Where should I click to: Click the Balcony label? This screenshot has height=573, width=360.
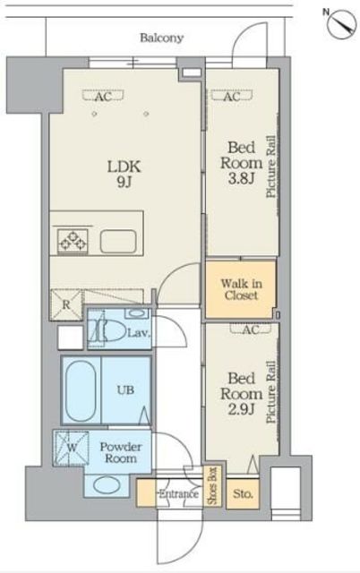tap(161, 38)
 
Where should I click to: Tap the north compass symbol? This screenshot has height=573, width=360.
tap(342, 24)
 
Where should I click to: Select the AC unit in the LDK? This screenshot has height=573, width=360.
tap(103, 96)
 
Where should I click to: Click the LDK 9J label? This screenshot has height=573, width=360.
tap(124, 173)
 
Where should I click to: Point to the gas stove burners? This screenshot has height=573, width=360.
tap(73, 241)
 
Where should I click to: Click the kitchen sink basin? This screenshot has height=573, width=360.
tap(118, 241)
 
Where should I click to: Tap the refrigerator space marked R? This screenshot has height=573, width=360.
tap(66, 304)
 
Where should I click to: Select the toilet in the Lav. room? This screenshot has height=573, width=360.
tap(107, 329)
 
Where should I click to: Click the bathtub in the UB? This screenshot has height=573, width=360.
tap(81, 390)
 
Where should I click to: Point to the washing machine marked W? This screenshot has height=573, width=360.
tap(71, 449)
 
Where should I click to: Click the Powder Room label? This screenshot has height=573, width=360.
tap(121, 452)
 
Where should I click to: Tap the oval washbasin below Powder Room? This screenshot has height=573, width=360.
tap(107, 485)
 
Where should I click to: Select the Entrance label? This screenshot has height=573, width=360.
tap(178, 494)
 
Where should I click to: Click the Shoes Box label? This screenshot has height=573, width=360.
tap(212, 486)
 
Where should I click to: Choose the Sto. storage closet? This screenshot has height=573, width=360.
tap(243, 494)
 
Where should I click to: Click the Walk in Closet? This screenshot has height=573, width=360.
tap(240, 289)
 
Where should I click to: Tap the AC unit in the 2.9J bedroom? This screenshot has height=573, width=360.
tap(251, 329)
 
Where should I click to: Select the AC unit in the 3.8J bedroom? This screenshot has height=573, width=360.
tap(232, 97)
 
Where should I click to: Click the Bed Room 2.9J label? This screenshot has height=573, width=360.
tap(241, 394)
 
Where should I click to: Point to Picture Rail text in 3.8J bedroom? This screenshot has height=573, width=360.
tap(270, 167)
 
